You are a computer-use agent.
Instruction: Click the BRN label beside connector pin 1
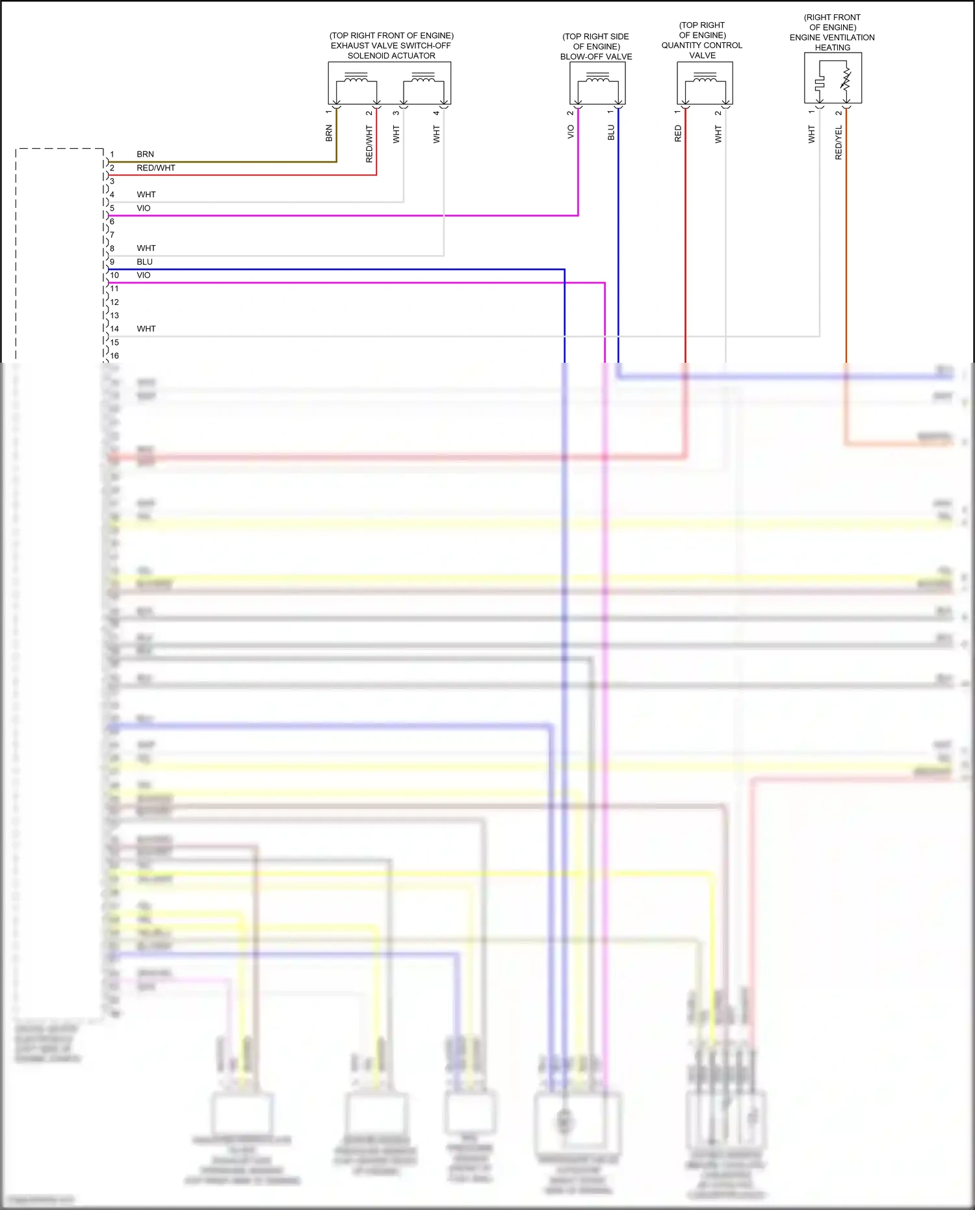tap(145, 154)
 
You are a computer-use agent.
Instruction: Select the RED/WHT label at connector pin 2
tap(155, 168)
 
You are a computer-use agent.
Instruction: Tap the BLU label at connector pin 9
tap(144, 262)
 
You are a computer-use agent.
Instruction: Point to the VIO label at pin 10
tap(143, 275)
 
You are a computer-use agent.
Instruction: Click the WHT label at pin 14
tap(146, 329)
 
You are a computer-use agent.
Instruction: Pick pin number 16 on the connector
tap(114, 356)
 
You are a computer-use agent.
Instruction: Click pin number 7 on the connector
tap(112, 235)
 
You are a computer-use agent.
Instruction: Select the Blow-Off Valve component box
tap(597, 83)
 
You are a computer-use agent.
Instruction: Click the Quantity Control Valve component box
tap(705, 83)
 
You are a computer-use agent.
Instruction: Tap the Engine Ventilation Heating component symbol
tap(833, 78)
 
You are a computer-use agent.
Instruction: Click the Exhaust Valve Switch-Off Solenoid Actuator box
tap(389, 83)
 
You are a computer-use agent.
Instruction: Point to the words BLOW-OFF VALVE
tap(596, 57)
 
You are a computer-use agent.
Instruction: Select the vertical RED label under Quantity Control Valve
tap(678, 134)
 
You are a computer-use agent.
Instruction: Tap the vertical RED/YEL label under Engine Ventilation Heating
tap(838, 143)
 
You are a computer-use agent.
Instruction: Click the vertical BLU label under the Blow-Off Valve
tap(611, 133)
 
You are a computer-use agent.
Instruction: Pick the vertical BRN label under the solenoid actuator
tap(329, 133)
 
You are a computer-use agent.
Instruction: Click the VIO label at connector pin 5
tap(143, 208)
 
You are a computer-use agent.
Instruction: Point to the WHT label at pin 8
tap(146, 248)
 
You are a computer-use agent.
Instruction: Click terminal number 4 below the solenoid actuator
tap(436, 113)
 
